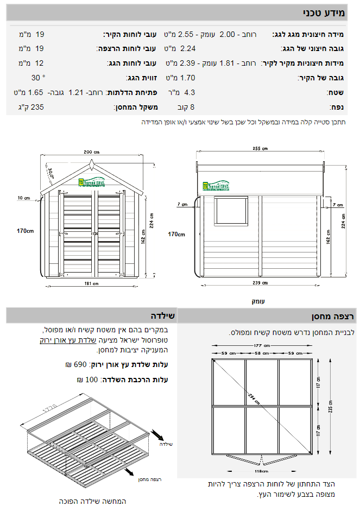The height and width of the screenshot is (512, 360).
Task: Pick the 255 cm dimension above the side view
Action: pyautogui.click(x=260, y=148)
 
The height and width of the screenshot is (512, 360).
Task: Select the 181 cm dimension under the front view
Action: pyautogui.click(x=92, y=283)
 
